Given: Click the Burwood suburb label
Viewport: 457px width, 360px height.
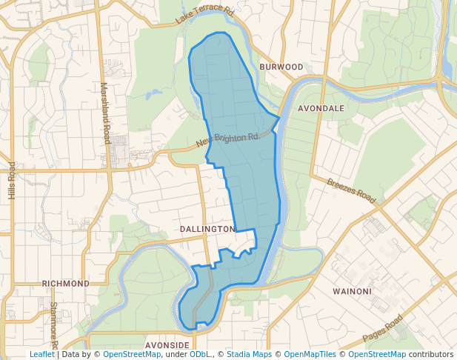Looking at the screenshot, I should coord(281,67).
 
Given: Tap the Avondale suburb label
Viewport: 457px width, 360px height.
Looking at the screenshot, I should coord(321,108).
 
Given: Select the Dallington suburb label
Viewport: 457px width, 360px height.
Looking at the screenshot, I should coord(207,230).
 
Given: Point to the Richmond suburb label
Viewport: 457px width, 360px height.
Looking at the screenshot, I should coord(65,283).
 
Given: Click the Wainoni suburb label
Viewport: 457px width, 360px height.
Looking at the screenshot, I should coord(352,291).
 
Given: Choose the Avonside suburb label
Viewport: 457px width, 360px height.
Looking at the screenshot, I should coord(167,345).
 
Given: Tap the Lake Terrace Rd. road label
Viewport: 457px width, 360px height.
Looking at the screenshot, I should coord(205,16).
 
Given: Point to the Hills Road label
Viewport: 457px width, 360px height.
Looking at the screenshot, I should coord(11,180).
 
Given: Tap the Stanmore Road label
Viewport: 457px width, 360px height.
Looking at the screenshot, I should coord(53,324).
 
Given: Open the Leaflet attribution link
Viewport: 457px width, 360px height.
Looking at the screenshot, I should coord(41,354).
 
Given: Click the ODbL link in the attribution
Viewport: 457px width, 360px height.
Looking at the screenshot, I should coord(200,354).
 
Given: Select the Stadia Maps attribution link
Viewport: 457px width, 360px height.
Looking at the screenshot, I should coord(249,354).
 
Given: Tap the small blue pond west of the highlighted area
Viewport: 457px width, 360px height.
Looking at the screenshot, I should coord(153,94).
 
